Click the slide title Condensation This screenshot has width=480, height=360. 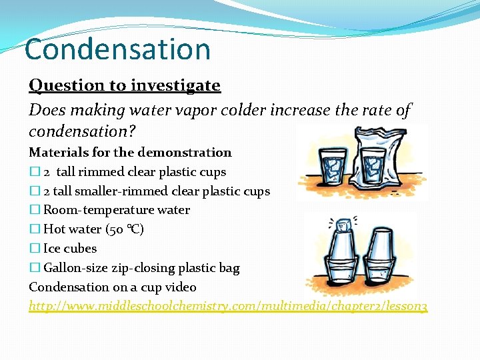pyautogui.click(x=117, y=49)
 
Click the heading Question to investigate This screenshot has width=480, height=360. pyautogui.click(x=124, y=85)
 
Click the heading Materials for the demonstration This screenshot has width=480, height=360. pyautogui.click(x=130, y=153)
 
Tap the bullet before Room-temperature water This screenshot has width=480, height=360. pyautogui.click(x=34, y=211)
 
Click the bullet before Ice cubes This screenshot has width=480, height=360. pyautogui.click(x=34, y=249)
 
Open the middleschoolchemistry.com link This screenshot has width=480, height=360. pyautogui.click(x=228, y=306)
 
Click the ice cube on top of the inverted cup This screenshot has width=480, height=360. pyautogui.click(x=343, y=225)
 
